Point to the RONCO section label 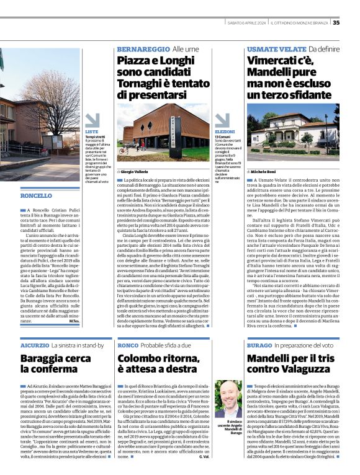click(128, 345)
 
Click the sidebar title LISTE click(91, 132)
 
